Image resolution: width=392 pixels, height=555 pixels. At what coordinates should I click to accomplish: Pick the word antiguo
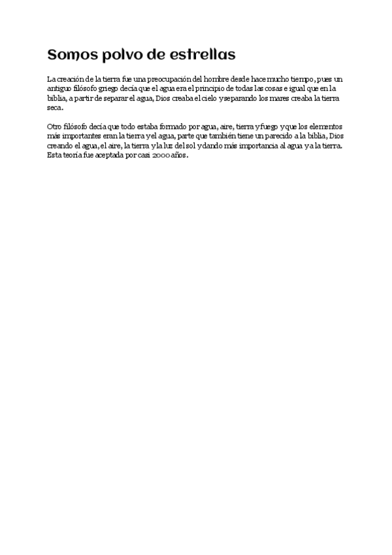pos(61,88)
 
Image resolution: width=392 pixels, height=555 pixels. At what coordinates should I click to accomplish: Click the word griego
pos(114,88)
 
